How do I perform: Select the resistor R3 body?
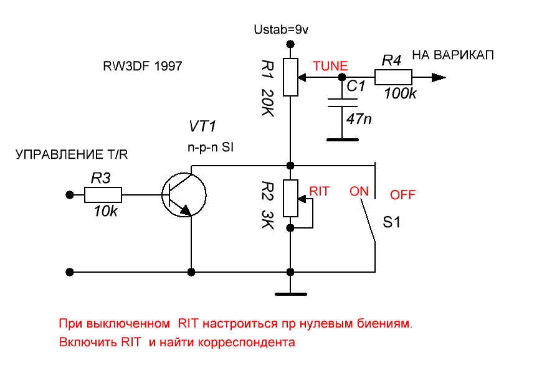103,196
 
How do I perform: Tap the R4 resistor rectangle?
393,77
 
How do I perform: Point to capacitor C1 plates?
340,103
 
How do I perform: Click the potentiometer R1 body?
291,77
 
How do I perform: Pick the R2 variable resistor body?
291,198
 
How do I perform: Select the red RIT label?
319,191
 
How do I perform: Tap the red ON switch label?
359,191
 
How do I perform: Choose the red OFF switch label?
402,195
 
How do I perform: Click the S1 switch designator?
391,222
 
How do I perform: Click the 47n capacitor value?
359,118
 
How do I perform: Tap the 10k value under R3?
105,212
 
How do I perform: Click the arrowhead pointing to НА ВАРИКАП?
439,77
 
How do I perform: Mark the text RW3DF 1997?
143,65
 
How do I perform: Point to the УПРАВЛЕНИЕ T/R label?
75,154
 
